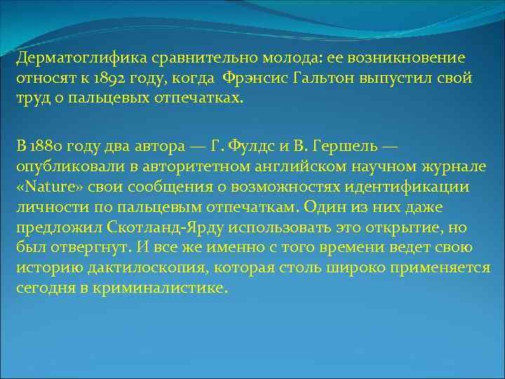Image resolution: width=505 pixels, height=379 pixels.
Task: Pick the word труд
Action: click(32, 98)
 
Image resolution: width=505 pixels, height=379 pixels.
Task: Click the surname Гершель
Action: click(344, 146)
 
